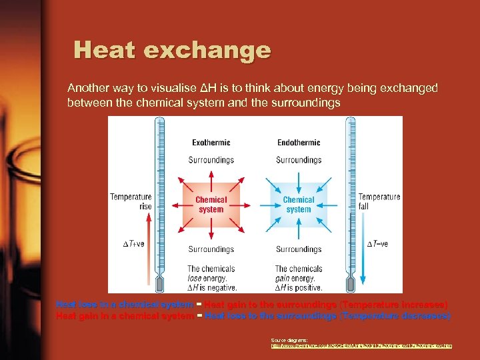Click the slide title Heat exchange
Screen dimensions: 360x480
pyautogui.click(x=172, y=51)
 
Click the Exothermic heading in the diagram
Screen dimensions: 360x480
pyautogui.click(x=211, y=142)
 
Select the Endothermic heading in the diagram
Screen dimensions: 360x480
pyautogui.click(x=299, y=142)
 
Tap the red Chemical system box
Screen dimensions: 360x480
pyautogui.click(x=211, y=205)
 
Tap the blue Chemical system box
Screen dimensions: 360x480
pyautogui.click(x=299, y=205)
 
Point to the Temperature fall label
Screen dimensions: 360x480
pyautogui.click(x=379, y=201)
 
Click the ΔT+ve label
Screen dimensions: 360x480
pyautogui.click(x=133, y=243)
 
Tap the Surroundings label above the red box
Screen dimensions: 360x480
pyautogui.click(x=211, y=160)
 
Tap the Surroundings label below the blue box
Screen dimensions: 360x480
pyautogui.click(x=299, y=250)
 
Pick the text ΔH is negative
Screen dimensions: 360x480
pyautogui.click(x=211, y=288)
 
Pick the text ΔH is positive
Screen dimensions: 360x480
pyautogui.click(x=299, y=288)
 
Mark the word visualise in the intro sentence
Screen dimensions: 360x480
pyautogui.click(x=169, y=88)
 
